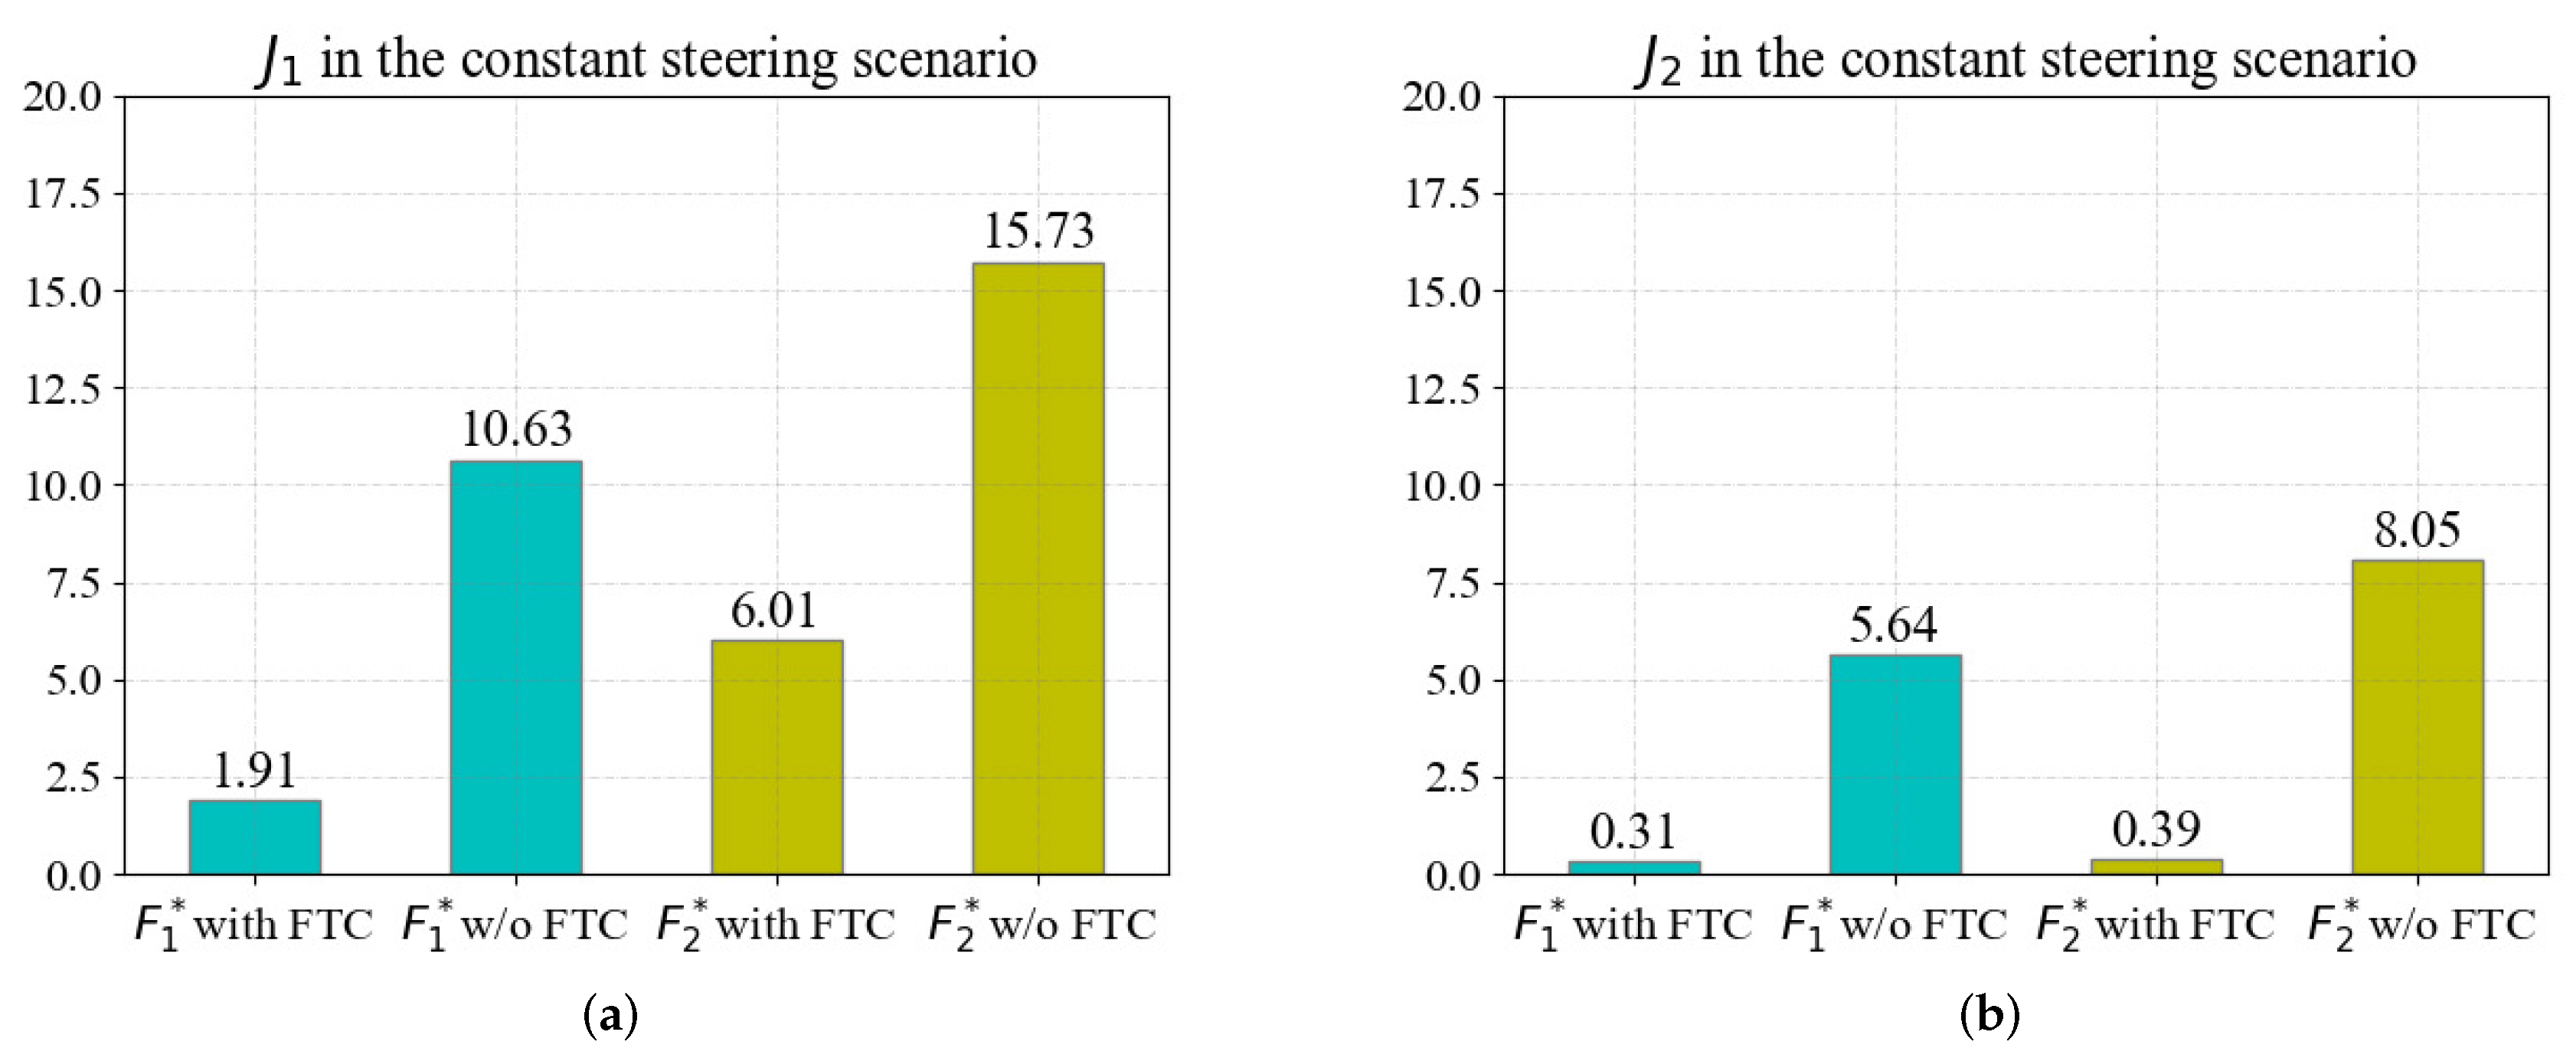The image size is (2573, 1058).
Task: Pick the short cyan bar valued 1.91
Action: coord(255,837)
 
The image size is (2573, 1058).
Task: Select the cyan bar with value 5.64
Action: coord(1895,765)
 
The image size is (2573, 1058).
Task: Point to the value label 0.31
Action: coord(1633,831)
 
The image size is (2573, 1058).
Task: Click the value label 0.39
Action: coord(2156,829)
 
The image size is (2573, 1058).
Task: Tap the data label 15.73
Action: coord(1039,231)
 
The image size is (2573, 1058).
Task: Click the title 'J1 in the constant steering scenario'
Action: coord(646,58)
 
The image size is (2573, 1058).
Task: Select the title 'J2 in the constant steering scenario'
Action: coord(2025,58)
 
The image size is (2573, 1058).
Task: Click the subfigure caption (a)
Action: coord(610,1016)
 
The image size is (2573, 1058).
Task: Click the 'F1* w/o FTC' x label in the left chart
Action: coord(515,924)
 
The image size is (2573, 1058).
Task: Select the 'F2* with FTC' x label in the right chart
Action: coord(2156,924)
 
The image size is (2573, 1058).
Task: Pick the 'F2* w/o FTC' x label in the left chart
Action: coord(1041,924)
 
